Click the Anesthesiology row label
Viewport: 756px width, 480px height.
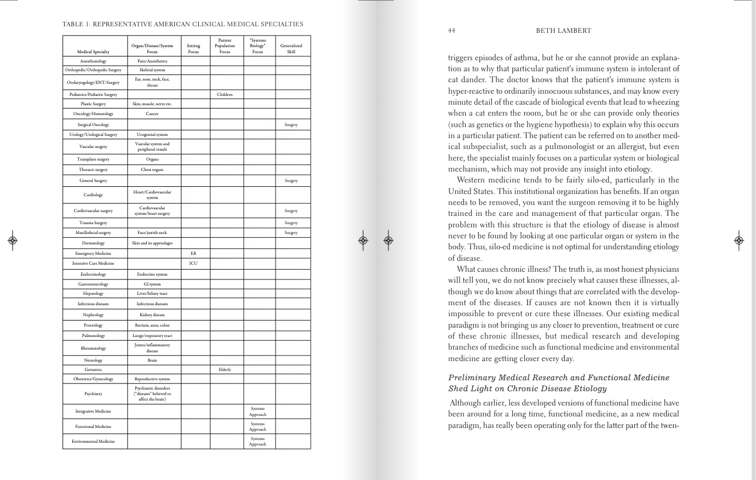93,61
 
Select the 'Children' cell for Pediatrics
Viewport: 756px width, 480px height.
225,95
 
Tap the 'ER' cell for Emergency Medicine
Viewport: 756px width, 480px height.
193,254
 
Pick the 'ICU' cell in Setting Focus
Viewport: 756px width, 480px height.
193,264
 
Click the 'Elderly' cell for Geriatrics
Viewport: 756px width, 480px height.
225,370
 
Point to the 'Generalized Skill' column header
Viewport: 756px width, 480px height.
291,49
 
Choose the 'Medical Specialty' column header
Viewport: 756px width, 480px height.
93,52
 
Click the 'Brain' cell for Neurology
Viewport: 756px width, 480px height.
152,361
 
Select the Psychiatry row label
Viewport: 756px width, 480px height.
93,394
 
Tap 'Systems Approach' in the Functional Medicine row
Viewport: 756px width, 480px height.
257,427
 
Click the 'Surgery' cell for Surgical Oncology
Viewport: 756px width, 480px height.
291,125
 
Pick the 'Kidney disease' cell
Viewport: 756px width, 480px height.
152,315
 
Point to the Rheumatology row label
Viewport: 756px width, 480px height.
93,348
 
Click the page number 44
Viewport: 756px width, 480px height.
451,31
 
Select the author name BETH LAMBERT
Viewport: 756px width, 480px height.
563,31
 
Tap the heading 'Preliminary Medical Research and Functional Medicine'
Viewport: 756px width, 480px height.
558,378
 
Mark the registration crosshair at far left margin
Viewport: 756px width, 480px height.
13,240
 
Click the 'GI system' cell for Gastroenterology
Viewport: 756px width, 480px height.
152,284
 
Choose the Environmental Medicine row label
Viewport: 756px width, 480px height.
93,442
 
